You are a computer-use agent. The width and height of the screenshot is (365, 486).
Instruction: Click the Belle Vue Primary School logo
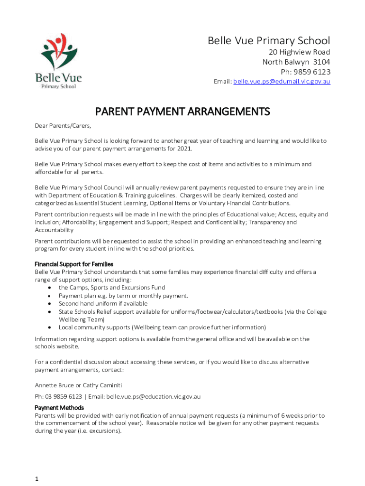tap(58, 61)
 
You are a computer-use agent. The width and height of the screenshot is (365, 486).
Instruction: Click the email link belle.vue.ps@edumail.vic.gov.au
tap(282, 82)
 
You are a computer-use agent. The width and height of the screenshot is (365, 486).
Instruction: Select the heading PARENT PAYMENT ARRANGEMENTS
tap(182, 112)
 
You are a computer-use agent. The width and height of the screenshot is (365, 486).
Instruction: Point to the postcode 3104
tap(321, 62)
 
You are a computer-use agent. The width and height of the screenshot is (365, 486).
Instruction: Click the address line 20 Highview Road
tap(297, 52)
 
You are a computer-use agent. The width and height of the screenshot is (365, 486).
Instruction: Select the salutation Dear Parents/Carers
tap(63, 126)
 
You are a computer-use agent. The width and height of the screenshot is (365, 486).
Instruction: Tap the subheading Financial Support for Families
tap(74, 264)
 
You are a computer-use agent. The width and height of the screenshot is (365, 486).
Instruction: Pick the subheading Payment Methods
tap(59, 408)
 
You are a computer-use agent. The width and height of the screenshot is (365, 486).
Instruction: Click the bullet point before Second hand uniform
tap(50, 304)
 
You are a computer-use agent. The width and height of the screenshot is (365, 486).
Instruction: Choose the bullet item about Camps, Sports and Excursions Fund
tap(112, 288)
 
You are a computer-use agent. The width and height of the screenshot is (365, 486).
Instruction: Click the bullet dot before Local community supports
tap(50, 327)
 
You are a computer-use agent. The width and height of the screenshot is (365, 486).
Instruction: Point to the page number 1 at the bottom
tap(36, 479)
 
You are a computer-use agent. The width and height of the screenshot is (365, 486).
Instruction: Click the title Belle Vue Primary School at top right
tap(269, 41)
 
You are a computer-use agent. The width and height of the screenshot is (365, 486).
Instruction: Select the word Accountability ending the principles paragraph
tap(54, 230)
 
